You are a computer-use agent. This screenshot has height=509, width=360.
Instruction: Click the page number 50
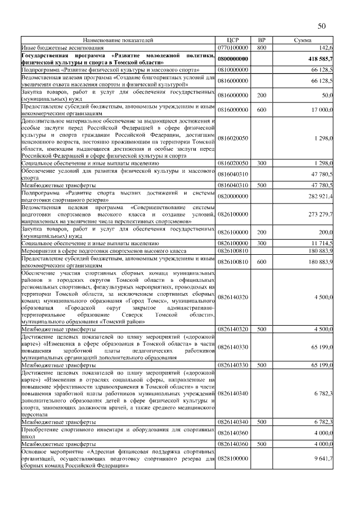point(322,26)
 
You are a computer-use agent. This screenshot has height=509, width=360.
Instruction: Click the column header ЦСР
point(233,40)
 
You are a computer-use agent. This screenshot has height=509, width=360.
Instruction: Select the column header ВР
point(261,40)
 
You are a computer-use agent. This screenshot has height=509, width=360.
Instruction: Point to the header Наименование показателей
point(118,40)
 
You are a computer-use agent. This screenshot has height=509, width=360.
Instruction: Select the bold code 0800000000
point(233,58)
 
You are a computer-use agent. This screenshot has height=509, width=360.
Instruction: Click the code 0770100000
point(233,48)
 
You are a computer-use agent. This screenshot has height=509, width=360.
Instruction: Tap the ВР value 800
point(261,48)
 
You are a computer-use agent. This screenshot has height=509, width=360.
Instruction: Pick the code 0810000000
point(233,69)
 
